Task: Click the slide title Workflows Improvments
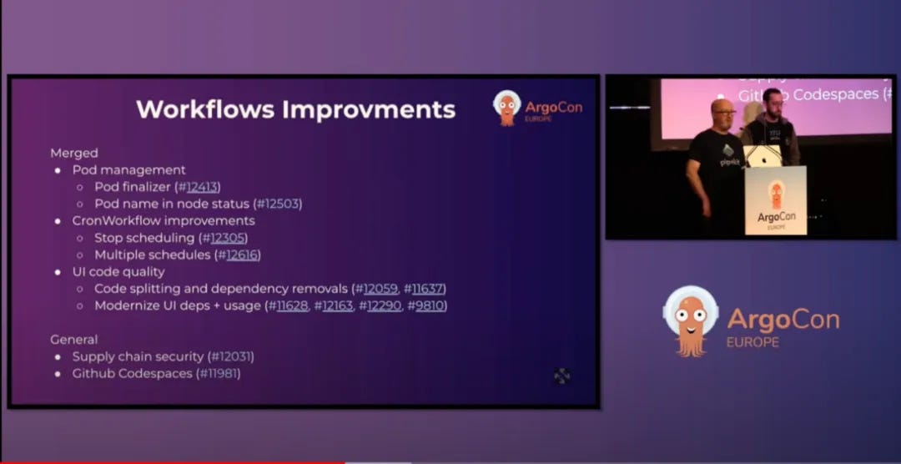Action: tap(295, 109)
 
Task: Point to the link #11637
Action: tap(425, 289)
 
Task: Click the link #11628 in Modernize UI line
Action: tap(289, 305)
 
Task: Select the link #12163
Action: tap(335, 305)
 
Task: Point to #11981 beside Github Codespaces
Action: tap(220, 373)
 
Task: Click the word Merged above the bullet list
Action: tap(74, 153)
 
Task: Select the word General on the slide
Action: tap(74, 340)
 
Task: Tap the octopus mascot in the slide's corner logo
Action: tap(506, 108)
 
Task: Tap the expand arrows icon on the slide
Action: tap(562, 376)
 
